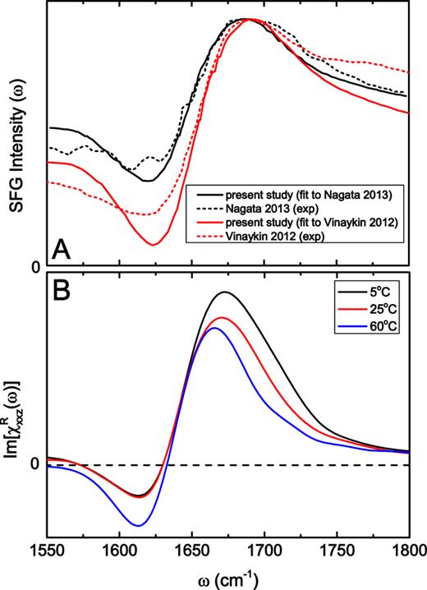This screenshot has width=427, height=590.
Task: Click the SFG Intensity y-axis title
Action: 16,136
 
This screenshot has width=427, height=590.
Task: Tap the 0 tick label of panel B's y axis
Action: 35,464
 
